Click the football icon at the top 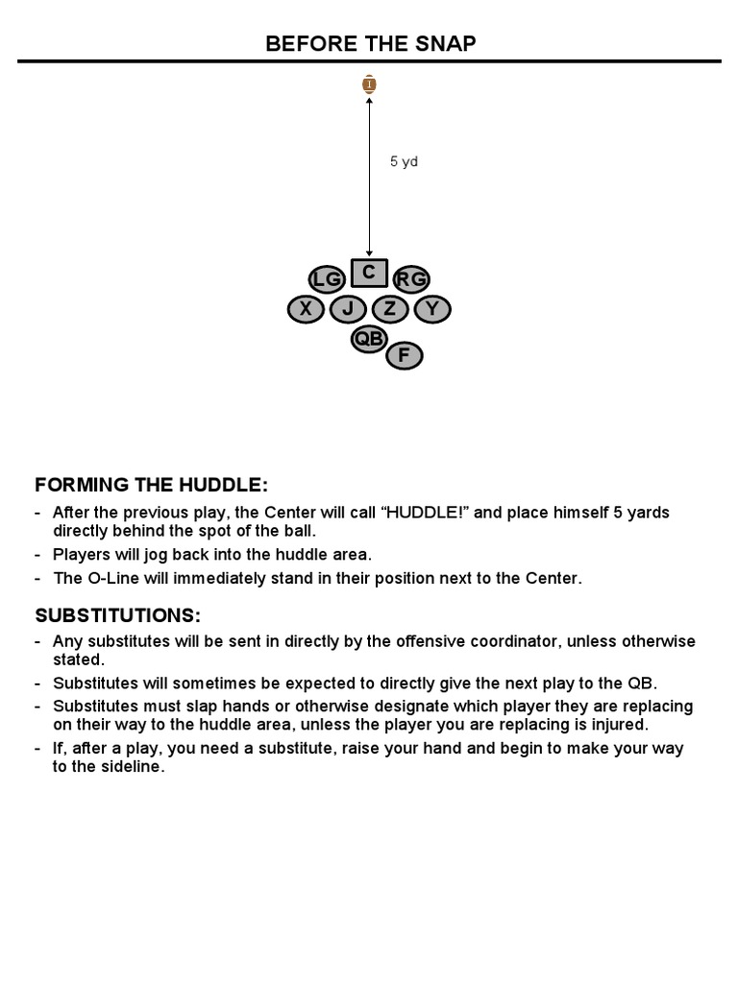point(369,84)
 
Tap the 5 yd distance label point(404,162)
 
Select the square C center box point(368,273)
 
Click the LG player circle point(326,279)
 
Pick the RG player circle point(411,279)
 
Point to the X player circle point(306,309)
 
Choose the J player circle point(348,309)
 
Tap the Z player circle point(390,309)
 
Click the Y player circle point(432,309)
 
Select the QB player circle point(369,338)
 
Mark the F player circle point(404,356)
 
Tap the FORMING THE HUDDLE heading point(152,485)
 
